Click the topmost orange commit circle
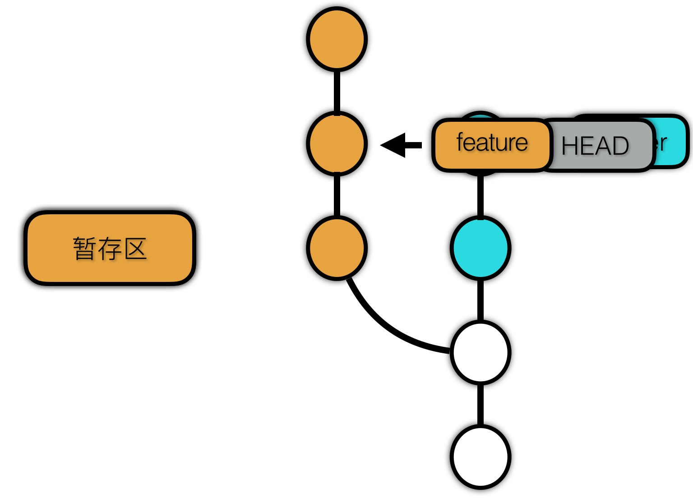click(337, 39)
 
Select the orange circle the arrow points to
click(337, 143)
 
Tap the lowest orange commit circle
click(337, 248)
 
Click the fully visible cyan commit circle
click(480, 248)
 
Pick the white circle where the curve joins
click(480, 352)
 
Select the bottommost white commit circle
click(480, 457)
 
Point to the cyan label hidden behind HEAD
click(672, 142)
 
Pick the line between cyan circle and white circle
click(480, 300)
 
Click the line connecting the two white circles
click(480, 405)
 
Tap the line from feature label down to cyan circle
click(480, 196)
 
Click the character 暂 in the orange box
click(83, 249)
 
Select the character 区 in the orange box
click(136, 249)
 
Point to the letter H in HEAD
click(570, 146)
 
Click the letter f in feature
click(460, 142)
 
